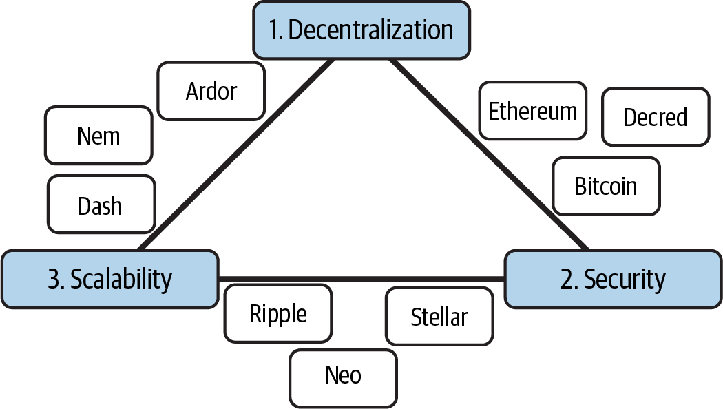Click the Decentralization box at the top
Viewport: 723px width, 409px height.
361,30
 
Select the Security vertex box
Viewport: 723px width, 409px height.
613,279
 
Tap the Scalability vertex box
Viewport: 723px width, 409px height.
110,279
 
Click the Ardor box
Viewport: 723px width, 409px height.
211,91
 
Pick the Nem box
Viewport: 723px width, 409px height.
98,136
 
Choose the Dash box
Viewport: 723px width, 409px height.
101,204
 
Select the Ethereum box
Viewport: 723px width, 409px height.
533,111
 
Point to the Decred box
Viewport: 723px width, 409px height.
655,117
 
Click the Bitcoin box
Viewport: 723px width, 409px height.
606,186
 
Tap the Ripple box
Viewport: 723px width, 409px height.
278,314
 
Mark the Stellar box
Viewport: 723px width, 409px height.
439,317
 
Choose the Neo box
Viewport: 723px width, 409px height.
343,377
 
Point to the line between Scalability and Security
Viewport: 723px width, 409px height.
361,279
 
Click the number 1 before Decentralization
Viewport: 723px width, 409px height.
275,31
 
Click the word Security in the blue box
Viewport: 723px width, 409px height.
625,280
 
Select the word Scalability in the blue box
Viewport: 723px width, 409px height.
121,280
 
